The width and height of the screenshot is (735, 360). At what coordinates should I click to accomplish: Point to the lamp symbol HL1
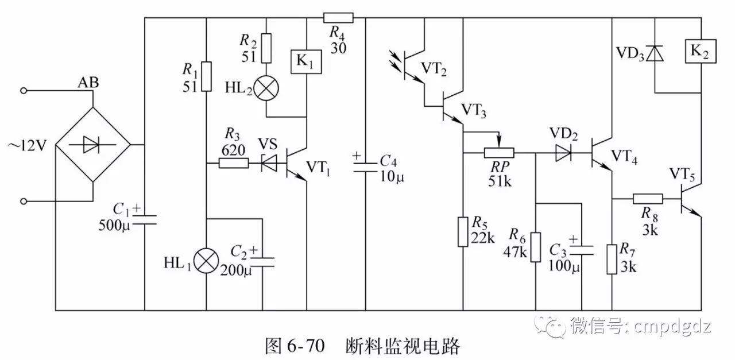click(x=206, y=262)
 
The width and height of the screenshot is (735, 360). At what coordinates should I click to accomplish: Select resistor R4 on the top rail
click(x=338, y=17)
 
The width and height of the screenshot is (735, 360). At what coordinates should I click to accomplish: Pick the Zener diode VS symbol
click(x=270, y=164)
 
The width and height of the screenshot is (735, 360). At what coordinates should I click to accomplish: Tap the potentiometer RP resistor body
click(x=498, y=153)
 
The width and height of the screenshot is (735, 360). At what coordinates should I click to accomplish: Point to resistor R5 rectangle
click(x=463, y=231)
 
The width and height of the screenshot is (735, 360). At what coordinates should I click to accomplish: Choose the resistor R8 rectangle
click(x=648, y=199)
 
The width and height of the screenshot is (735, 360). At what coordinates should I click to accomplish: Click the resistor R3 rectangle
click(x=233, y=164)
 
